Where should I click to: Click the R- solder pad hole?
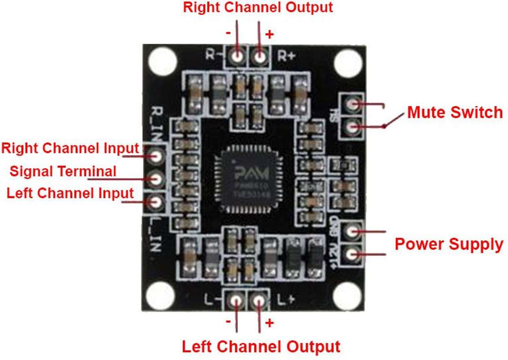click(237, 57)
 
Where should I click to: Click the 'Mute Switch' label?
click(455, 112)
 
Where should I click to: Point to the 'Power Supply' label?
click(449, 244)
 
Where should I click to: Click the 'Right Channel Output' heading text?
click(258, 8)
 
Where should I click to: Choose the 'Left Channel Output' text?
click(261, 346)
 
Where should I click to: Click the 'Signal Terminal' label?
click(63, 172)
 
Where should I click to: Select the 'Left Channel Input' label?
click(70, 193)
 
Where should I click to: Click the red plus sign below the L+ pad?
click(270, 323)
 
